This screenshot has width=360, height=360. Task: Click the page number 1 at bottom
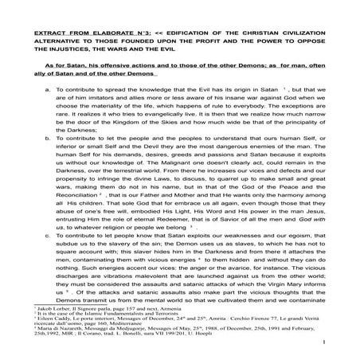pos(327,356)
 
